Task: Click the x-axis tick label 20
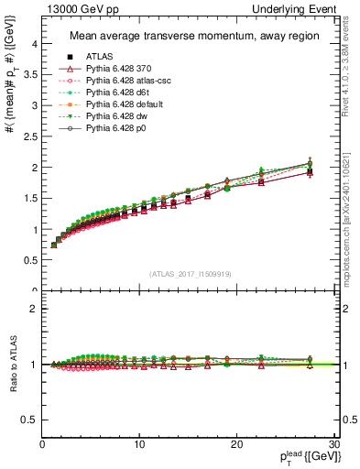(x=236, y=442)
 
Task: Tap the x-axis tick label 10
(x=139, y=442)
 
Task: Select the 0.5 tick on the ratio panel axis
(x=29, y=420)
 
